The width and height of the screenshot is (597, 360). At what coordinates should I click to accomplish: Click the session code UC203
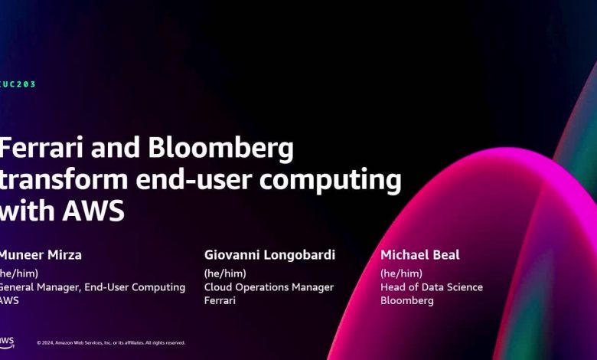click(x=18, y=84)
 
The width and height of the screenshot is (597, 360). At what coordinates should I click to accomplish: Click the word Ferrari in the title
click(x=41, y=148)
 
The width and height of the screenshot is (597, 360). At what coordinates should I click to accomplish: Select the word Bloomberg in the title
click(x=221, y=149)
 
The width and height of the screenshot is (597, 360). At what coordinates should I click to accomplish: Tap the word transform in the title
click(x=64, y=179)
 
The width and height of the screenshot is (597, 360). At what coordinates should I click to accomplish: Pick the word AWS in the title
click(x=93, y=211)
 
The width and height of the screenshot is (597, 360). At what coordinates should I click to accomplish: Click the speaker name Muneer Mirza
click(x=41, y=255)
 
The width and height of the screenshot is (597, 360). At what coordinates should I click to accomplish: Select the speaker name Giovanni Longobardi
click(x=269, y=255)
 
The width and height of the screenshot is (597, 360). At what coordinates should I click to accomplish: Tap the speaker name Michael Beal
click(x=420, y=255)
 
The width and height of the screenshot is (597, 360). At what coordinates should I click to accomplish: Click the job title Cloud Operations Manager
click(x=269, y=287)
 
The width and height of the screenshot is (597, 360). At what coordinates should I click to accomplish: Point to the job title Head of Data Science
click(x=432, y=287)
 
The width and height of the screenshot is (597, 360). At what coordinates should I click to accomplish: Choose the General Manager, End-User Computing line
click(x=92, y=287)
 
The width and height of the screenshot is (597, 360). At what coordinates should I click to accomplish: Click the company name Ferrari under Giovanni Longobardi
click(x=220, y=300)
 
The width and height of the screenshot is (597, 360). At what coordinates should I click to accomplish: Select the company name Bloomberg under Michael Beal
click(x=407, y=300)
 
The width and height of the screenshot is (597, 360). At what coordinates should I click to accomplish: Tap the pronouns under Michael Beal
click(x=401, y=273)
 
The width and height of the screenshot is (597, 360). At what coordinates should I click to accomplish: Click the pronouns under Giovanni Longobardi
click(x=225, y=273)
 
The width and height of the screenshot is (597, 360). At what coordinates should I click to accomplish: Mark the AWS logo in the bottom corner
click(x=7, y=342)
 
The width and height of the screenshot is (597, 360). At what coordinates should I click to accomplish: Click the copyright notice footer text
click(x=111, y=343)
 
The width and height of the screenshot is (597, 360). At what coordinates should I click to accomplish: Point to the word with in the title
click(x=27, y=211)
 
